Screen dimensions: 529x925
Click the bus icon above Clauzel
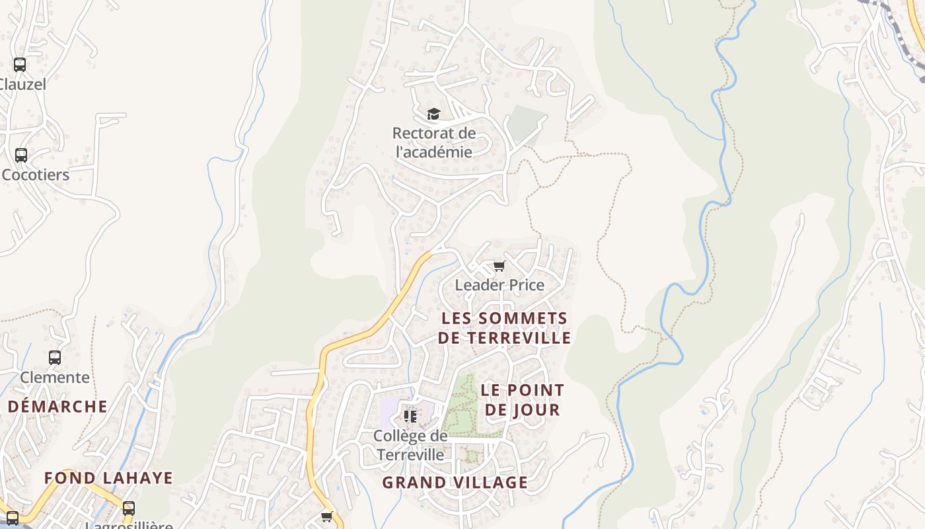point(20,65)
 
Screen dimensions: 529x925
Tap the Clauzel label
point(22,85)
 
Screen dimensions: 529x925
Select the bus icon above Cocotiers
point(21,155)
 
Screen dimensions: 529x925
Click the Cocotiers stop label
point(36,175)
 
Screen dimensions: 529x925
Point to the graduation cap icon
point(433,114)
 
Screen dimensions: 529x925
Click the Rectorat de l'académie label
point(434,142)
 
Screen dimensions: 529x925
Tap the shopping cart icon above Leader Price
point(499,266)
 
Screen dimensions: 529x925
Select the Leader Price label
point(499,285)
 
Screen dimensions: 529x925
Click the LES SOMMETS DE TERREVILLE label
point(504,328)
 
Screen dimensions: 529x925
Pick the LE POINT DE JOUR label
point(523,399)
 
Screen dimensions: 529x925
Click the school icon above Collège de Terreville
point(410,416)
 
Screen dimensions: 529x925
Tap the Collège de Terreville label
point(410,445)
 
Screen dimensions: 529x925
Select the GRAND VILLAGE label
point(455,482)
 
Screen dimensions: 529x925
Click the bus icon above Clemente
point(55,358)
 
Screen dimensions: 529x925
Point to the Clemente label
point(55,378)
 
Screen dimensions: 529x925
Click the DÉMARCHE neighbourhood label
point(57,406)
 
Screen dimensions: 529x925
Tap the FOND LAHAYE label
point(108,477)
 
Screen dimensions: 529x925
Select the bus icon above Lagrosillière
point(129,509)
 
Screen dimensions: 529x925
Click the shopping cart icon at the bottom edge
point(327,516)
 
